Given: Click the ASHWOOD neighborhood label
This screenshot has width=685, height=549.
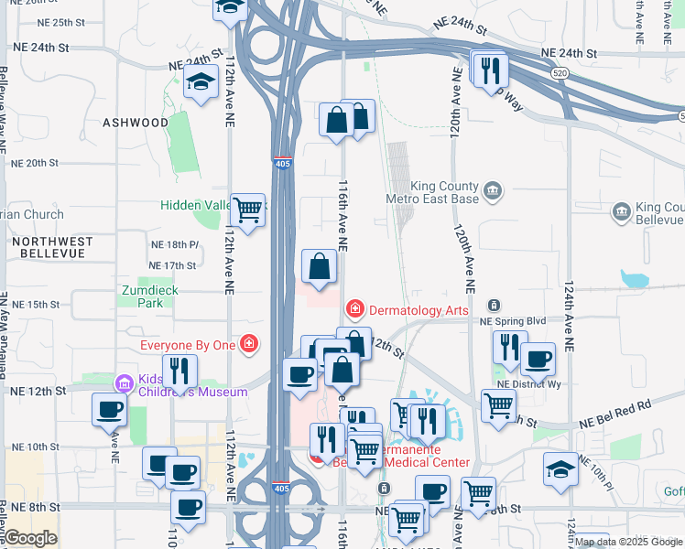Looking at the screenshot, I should pyautogui.click(x=136, y=122).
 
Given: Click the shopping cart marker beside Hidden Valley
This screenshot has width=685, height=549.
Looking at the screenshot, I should pyautogui.click(x=247, y=210).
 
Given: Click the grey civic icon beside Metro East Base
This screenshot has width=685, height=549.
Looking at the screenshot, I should pyautogui.click(x=493, y=189).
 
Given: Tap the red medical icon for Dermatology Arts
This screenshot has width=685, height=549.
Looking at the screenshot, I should pyautogui.click(x=354, y=311).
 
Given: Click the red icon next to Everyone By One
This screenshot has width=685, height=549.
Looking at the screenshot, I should pyautogui.click(x=247, y=344).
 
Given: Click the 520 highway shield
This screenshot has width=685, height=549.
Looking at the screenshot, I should pyautogui.click(x=557, y=72).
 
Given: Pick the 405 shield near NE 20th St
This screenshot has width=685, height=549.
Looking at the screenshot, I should pyautogui.click(x=282, y=162).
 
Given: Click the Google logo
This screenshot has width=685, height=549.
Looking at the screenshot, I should pyautogui.click(x=29, y=538).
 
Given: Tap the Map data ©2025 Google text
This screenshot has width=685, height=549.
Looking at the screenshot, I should pyautogui.click(x=628, y=542).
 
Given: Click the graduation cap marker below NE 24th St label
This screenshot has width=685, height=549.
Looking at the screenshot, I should pyautogui.click(x=198, y=83).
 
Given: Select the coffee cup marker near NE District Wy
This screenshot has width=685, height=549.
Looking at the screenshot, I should pyautogui.click(x=538, y=358).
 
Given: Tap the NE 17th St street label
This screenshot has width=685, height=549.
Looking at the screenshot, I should pyautogui.click(x=172, y=265).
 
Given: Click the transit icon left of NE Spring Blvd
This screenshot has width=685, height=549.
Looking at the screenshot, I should pyautogui.click(x=494, y=305).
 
